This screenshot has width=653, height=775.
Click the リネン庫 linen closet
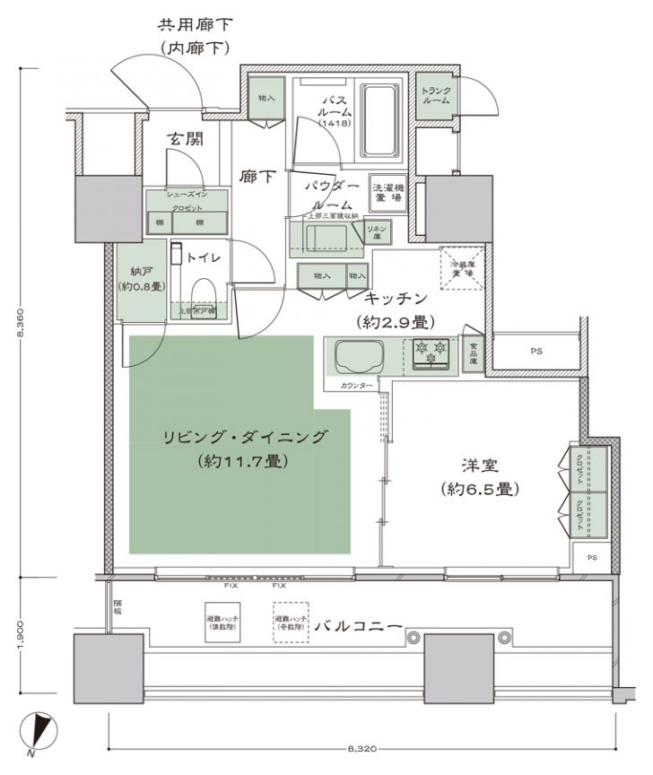coord(376,230)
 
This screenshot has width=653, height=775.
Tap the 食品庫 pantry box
coord(470,355)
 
